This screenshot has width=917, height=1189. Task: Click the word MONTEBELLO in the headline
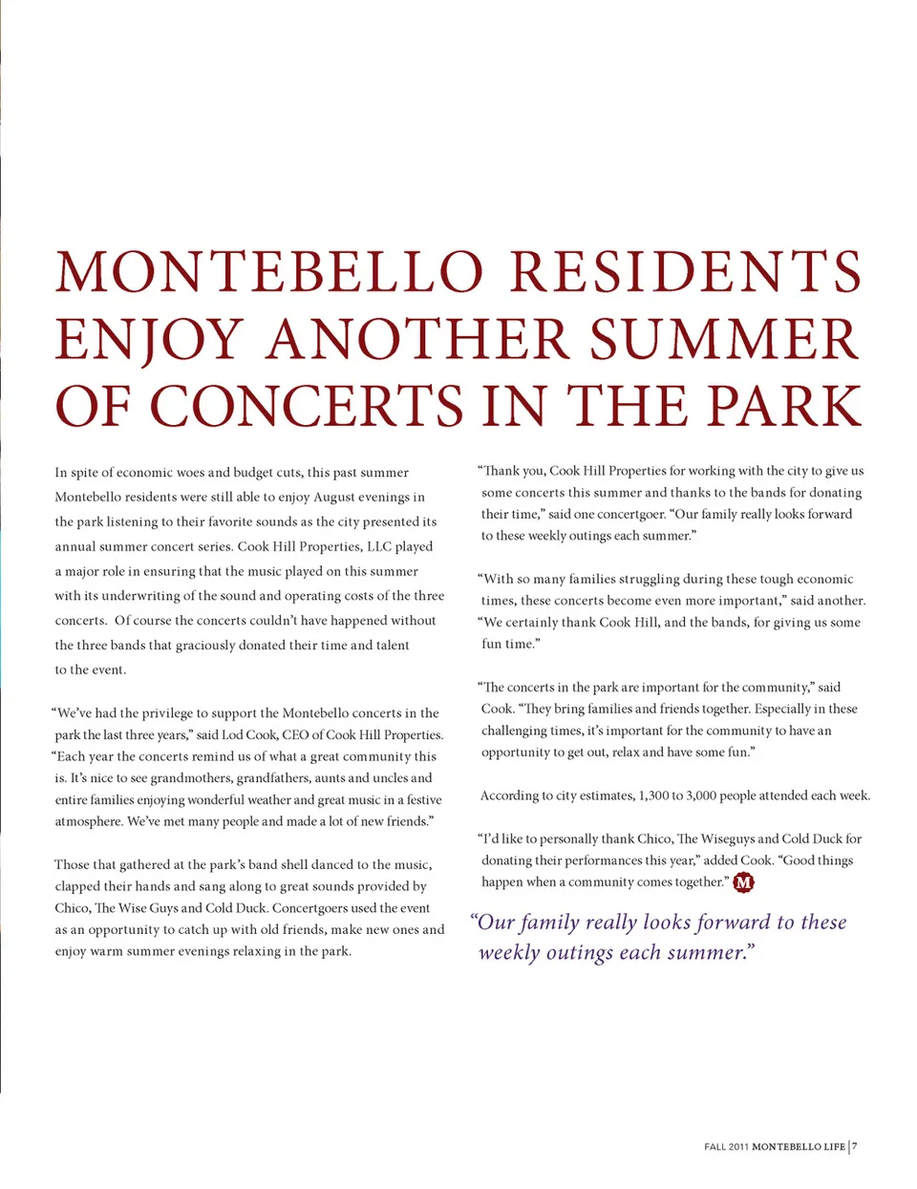(270, 272)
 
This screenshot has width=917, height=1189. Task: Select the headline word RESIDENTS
(686, 272)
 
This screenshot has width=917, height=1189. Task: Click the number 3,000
(700, 796)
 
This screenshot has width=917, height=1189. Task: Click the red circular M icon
(743, 882)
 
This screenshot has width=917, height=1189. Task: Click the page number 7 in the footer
(855, 1146)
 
